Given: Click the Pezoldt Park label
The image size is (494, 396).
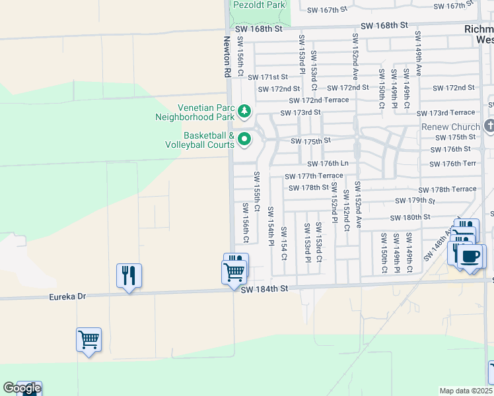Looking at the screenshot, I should point(259,5).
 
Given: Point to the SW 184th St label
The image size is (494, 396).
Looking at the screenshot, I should point(265,289).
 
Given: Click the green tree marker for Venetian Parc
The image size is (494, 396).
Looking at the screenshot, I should point(244,111).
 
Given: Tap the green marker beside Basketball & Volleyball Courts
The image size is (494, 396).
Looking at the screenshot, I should point(244,139).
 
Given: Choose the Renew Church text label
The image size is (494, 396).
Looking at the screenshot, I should point(451,127).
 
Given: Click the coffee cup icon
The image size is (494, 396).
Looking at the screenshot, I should point(471,257).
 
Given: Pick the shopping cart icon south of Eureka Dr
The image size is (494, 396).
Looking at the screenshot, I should point(88,341).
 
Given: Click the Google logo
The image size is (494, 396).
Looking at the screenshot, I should point(21,388).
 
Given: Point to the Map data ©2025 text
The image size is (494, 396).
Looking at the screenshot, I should point(466,391).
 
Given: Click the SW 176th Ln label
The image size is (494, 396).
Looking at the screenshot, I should point(327,164).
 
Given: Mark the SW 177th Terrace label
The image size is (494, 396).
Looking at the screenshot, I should point(314,176).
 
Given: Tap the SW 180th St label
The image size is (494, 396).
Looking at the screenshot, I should point(410,217).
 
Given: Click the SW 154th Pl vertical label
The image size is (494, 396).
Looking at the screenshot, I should point(270,226).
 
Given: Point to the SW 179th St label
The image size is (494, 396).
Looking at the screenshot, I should point(415,201).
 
